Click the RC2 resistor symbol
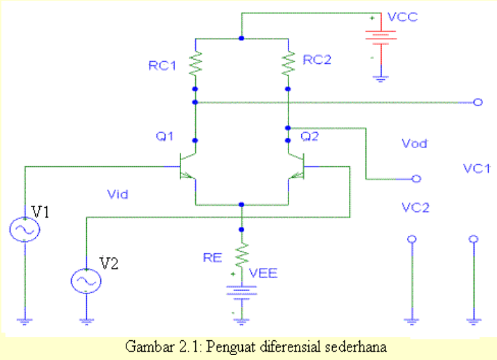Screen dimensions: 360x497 pos(288,65)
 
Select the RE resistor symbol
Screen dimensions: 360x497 pos(242,252)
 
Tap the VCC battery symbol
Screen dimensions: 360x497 pos(380,40)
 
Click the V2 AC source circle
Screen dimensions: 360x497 pos(86,281)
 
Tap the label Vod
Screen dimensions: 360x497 pos(414,143)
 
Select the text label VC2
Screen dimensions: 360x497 pos(415,208)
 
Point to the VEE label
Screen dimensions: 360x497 pos(264,273)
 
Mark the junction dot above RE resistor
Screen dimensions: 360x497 pos(242,229)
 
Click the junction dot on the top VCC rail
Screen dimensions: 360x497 pos(241,38)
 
